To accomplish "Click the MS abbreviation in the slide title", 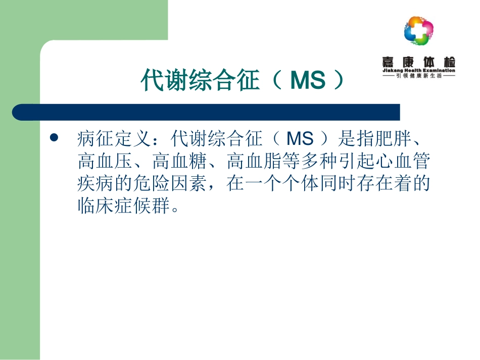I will (x=307, y=81).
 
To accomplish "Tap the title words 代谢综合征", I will (x=200, y=81).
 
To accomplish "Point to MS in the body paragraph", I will (x=300, y=138).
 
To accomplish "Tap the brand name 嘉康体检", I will (x=419, y=61).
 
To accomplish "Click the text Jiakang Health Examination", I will (x=419, y=71).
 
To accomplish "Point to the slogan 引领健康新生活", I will (x=419, y=76).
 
